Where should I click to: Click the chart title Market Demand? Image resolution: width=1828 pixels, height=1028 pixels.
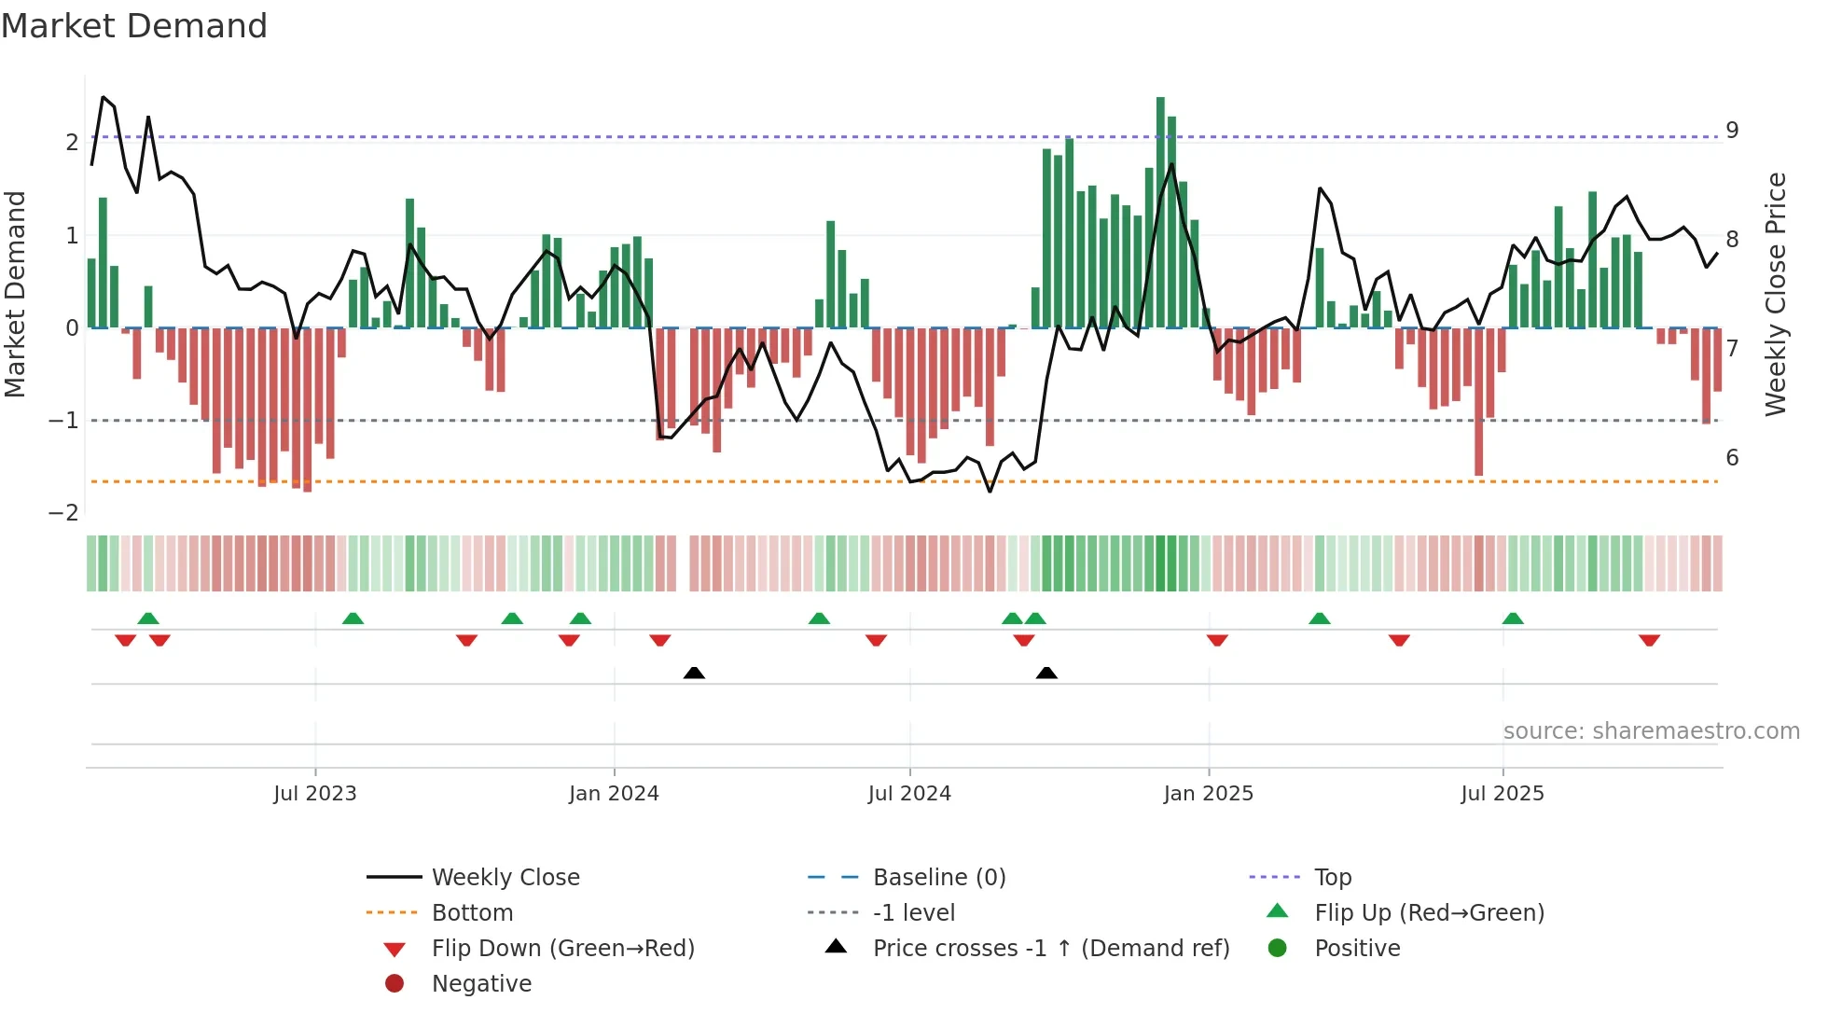pyautogui.click(x=134, y=26)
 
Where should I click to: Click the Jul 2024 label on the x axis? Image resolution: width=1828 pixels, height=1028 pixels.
pyautogui.click(x=909, y=794)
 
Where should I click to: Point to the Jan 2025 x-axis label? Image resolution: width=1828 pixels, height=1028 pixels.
pyautogui.click(x=1208, y=794)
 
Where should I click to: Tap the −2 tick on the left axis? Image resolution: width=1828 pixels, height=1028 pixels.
pyautogui.click(x=64, y=513)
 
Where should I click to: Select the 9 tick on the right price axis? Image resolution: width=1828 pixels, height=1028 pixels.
pyautogui.click(x=1732, y=130)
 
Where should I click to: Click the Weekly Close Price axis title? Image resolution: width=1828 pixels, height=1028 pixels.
pyautogui.click(x=1776, y=294)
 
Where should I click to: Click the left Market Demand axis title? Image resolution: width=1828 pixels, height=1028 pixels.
pyautogui.click(x=16, y=294)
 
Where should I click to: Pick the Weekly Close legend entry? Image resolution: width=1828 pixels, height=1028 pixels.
pyautogui.click(x=505, y=878)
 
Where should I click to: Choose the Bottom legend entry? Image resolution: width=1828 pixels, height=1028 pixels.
pyautogui.click(x=472, y=913)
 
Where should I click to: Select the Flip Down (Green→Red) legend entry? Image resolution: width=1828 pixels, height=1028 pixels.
pyautogui.click(x=562, y=949)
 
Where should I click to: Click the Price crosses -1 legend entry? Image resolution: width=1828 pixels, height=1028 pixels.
pyautogui.click(x=1050, y=949)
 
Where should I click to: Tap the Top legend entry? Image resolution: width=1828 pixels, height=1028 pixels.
pyautogui.click(x=1333, y=878)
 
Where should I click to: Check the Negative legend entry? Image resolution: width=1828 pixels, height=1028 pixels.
pyautogui.click(x=481, y=984)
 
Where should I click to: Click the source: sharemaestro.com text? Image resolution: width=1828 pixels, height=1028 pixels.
pyautogui.click(x=1651, y=731)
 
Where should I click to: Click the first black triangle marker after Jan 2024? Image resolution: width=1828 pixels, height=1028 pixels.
pyautogui.click(x=694, y=673)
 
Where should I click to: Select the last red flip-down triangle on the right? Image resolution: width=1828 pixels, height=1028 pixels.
pyautogui.click(x=1649, y=640)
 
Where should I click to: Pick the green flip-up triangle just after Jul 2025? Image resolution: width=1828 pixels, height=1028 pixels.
pyautogui.click(x=1513, y=618)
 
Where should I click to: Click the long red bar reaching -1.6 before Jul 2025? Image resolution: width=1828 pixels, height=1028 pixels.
pyautogui.click(x=1478, y=401)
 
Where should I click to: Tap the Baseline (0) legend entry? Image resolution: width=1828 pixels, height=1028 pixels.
pyautogui.click(x=938, y=878)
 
